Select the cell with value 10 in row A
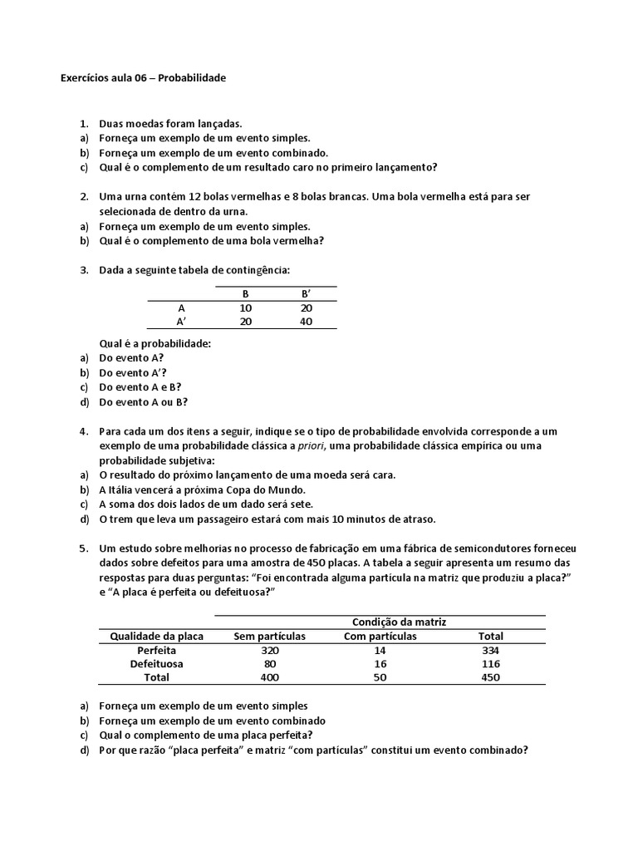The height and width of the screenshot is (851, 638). point(246,307)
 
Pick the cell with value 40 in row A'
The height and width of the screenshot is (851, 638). point(306,322)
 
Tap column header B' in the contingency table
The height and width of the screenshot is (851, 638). point(306,293)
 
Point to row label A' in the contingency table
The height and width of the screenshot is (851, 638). point(181,322)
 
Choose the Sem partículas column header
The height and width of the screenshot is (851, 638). point(270,637)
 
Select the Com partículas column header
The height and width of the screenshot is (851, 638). point(380,637)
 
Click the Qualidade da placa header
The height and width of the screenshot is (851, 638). point(157,637)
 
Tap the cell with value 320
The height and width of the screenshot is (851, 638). point(270,651)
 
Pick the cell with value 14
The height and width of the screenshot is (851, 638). point(380,651)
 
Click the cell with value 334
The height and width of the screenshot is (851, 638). point(490,651)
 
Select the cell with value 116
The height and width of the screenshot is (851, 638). point(490,665)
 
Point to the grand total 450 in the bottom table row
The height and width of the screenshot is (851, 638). point(490,678)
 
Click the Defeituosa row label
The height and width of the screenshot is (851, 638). point(157,665)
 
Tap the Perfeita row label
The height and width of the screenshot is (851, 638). point(157,651)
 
